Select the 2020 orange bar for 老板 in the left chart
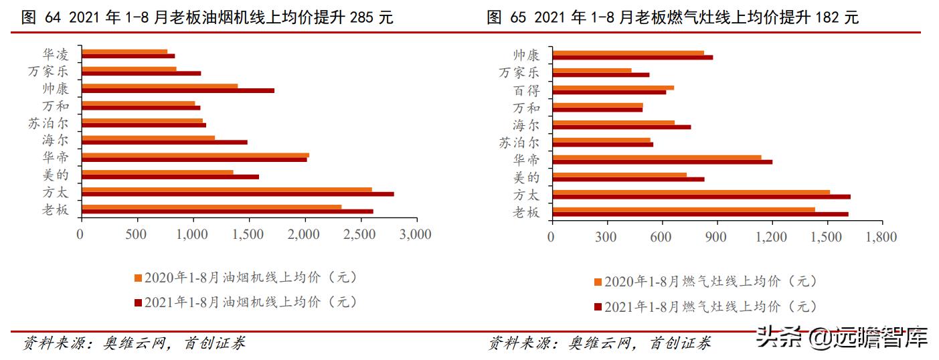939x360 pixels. pyautogui.click(x=211, y=207)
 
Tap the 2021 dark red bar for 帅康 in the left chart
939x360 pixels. pyautogui.click(x=178, y=90)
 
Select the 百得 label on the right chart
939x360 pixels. pyautogui.click(x=526, y=90)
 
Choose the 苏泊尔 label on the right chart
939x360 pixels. pyautogui.click(x=519, y=143)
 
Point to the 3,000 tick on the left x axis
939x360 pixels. pyautogui.click(x=416, y=234)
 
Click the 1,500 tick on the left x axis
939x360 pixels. pyautogui.click(x=249, y=234)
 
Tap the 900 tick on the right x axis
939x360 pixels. pyautogui.click(x=716, y=237)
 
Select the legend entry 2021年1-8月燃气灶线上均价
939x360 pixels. pyautogui.click(x=706, y=307)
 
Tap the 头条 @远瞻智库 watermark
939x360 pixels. pyautogui.click(x=842, y=338)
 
